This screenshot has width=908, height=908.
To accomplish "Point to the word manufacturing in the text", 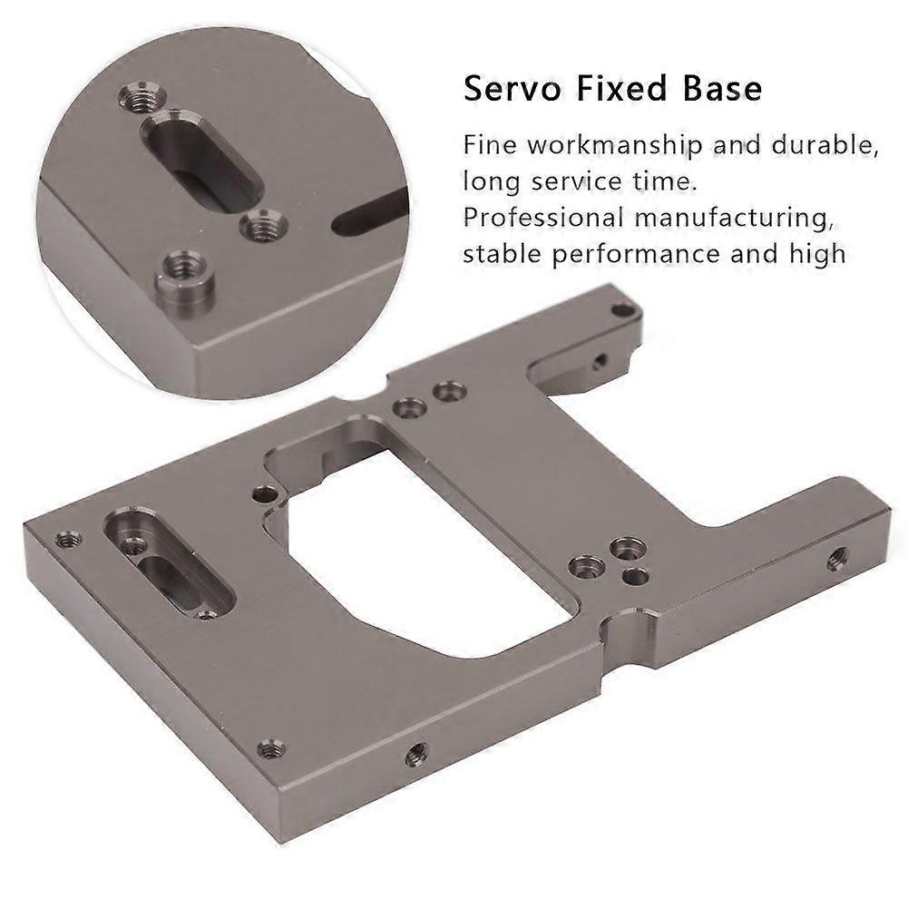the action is point(733,219).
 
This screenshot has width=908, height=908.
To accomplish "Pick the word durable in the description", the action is point(825,145).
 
